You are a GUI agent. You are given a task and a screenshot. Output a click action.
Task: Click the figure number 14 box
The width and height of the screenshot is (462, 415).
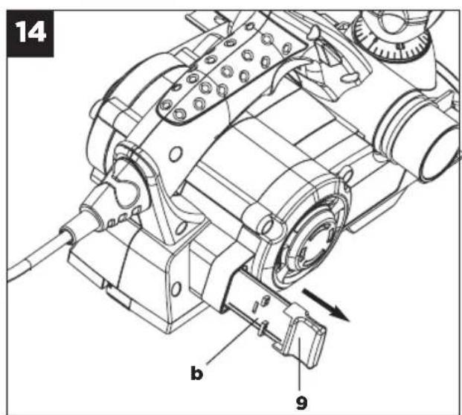(x=31, y=34)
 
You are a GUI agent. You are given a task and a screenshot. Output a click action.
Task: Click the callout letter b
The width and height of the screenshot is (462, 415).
(x=197, y=373)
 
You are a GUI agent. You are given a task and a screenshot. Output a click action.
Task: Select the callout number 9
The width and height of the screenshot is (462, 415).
(x=301, y=402)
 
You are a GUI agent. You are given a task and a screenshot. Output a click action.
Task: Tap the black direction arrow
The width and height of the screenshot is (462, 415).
(x=326, y=305)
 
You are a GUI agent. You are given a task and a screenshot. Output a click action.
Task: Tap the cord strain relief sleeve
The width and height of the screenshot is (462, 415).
(x=86, y=218)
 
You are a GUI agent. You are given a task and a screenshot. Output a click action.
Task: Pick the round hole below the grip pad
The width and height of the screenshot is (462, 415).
(x=176, y=153)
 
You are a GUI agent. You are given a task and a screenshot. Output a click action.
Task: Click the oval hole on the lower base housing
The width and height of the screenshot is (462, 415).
(x=176, y=288)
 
